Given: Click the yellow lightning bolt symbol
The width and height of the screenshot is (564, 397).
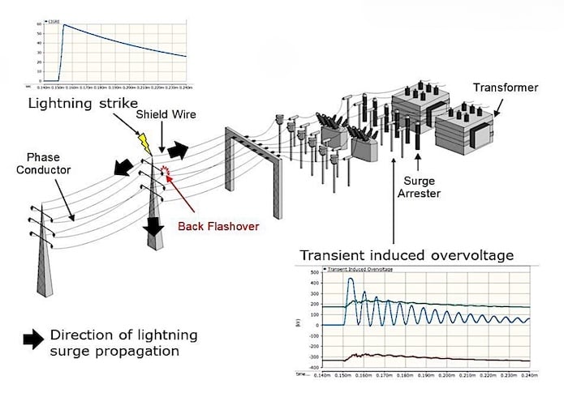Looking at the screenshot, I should tap(146, 143).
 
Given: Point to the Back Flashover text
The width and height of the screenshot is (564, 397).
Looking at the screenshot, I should tap(219, 226).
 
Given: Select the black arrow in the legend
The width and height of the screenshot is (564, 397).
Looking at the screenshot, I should tap(34, 339).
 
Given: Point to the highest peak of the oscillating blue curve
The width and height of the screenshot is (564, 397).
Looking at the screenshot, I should tap(350, 280).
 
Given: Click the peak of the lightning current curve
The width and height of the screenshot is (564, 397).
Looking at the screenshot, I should tap(64, 25).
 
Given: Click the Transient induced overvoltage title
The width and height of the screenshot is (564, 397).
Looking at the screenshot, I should tap(407, 255).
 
